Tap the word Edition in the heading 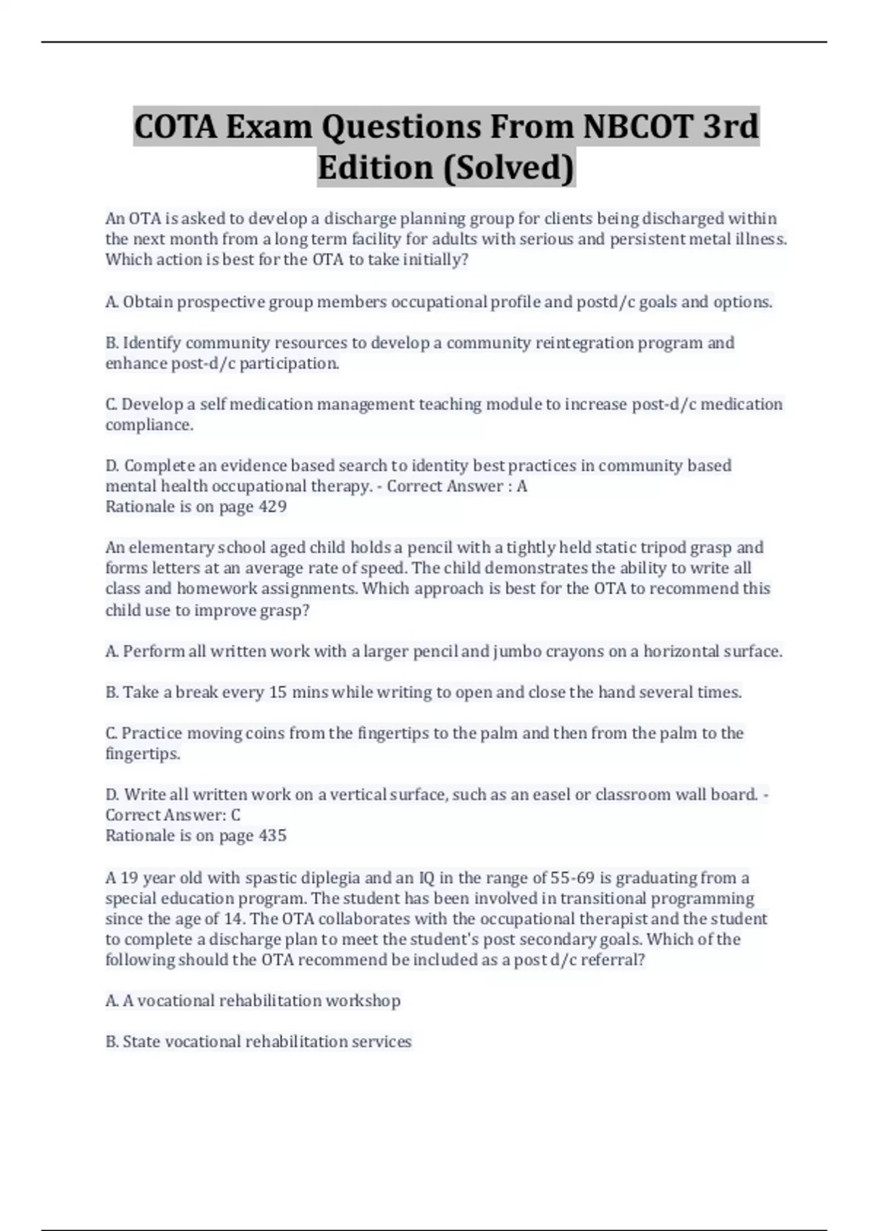(375, 167)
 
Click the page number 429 (272, 507)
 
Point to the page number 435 (272, 836)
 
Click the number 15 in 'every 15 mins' (278, 692)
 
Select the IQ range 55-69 (572, 878)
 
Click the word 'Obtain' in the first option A (148, 302)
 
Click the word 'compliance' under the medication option (148, 425)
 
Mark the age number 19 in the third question (129, 878)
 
